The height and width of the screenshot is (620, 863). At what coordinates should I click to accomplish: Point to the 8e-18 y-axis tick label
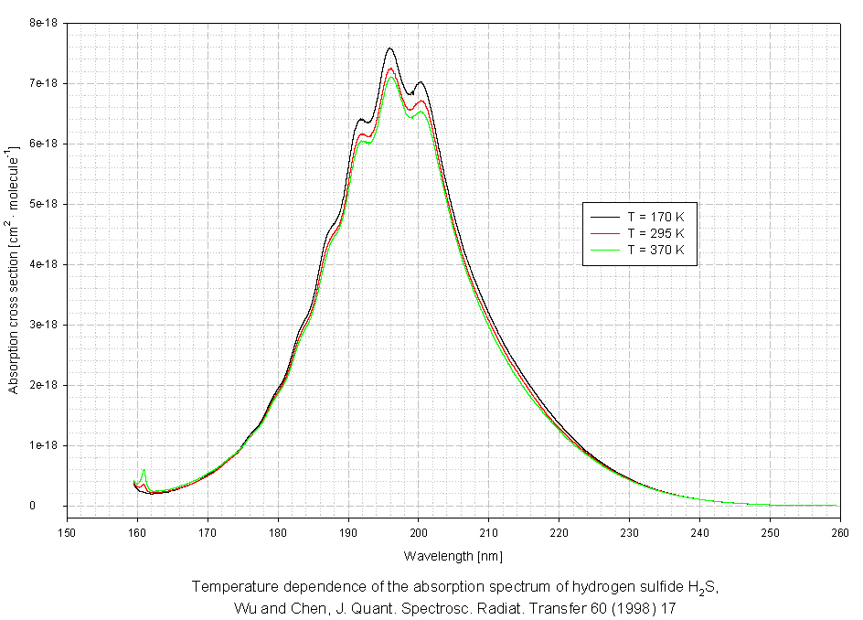coord(41,23)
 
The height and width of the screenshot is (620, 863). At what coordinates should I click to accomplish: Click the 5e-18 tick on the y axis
coord(41,204)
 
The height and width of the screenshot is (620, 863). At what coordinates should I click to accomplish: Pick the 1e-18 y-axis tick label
coord(41,445)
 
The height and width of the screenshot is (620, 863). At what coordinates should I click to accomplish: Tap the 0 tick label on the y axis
coord(57,506)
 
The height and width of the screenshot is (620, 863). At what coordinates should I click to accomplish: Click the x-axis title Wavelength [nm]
coord(453,555)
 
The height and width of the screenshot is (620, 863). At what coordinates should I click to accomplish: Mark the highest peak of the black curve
coord(389,48)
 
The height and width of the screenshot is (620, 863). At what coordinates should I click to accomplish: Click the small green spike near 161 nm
coord(144,471)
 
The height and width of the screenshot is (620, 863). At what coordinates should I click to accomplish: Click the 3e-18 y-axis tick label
coord(41,325)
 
